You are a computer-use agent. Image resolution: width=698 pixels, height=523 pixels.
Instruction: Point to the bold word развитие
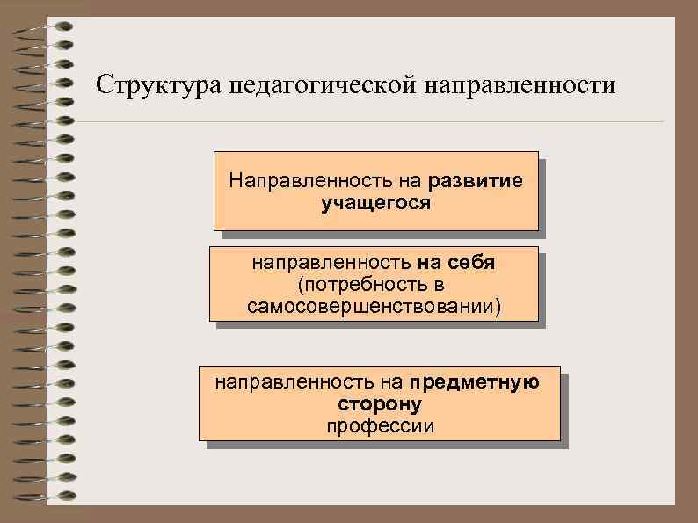pos(476,181)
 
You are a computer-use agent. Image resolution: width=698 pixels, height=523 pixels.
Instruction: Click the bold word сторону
pos(379,404)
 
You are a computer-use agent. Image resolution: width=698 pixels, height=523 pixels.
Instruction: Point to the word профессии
pos(379,426)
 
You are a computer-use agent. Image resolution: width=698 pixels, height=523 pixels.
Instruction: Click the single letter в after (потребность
pos(439,285)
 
